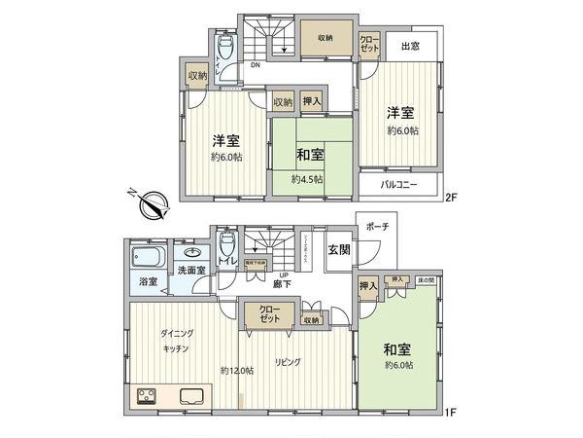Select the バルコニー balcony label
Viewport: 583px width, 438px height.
[397, 183]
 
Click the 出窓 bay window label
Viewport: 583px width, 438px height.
[409, 46]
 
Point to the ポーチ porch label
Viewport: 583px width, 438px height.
[378, 226]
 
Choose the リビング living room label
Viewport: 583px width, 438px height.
[287, 361]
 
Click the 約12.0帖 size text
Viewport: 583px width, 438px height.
[236, 370]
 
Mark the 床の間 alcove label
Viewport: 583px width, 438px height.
[426, 280]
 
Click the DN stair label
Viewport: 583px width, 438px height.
[254, 66]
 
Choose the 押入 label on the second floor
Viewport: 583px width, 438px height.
[312, 100]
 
